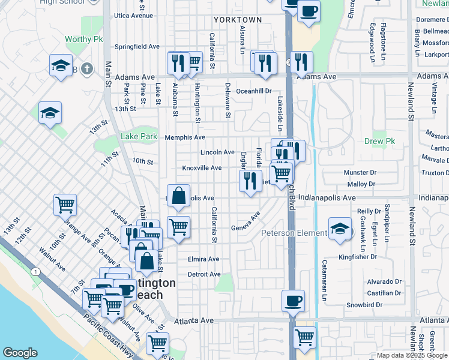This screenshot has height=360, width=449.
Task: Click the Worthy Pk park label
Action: tap(84, 39)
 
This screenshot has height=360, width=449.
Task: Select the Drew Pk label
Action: tap(378, 142)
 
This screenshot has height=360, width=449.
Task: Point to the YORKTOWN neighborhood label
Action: tap(238, 20)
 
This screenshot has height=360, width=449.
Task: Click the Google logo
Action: tap(20, 353)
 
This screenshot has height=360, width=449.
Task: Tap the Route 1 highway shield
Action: tap(37, 272)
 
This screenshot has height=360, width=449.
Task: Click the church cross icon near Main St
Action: tap(86, 68)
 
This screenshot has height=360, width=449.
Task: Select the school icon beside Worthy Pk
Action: tap(61, 66)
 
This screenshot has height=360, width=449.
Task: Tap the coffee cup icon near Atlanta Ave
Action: tap(293, 301)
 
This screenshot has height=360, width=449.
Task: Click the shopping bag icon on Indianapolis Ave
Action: tap(179, 195)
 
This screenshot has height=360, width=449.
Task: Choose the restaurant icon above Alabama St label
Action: tap(178, 62)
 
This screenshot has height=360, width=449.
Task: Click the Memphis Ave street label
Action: tap(185, 137)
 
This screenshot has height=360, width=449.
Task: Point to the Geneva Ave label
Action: tap(246, 228)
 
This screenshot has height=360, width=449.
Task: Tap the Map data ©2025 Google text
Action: tap(411, 355)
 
